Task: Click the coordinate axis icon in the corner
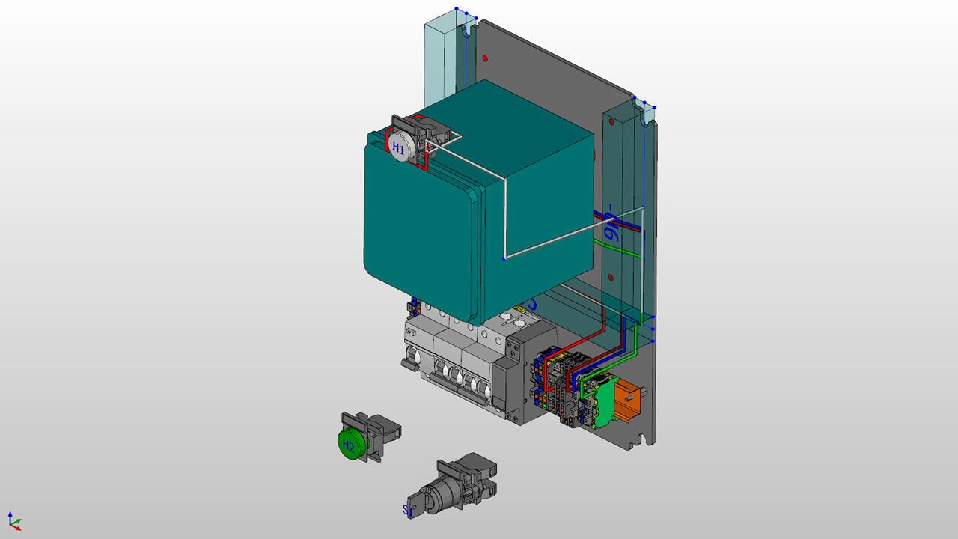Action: click(x=13, y=521)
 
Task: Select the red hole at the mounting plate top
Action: click(x=485, y=58)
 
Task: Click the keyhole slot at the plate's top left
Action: click(x=470, y=31)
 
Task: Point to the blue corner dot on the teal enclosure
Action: click(x=504, y=258)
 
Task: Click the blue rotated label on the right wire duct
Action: click(x=611, y=224)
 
